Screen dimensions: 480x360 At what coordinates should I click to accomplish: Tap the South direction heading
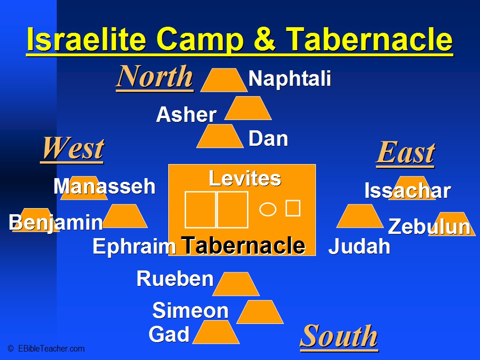click(339, 336)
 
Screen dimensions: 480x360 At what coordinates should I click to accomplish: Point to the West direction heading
click(72, 149)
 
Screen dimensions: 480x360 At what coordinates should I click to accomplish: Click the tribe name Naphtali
click(290, 78)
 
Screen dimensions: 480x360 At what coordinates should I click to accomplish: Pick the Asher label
click(187, 115)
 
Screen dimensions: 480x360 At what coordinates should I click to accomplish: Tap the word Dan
click(268, 139)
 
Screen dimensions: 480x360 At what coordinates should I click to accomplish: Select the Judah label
click(359, 246)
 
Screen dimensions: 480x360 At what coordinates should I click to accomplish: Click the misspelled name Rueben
click(175, 278)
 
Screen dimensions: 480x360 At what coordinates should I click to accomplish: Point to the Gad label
click(169, 334)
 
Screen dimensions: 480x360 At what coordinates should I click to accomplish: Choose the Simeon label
click(190, 310)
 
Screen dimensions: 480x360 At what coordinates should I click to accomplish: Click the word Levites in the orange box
click(245, 178)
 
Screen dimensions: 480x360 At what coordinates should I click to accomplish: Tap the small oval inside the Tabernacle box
click(268, 210)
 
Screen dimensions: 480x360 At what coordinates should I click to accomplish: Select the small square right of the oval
click(293, 208)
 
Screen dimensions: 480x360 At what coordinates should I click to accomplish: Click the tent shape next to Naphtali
click(224, 80)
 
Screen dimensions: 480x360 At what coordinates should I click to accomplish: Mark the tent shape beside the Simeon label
click(260, 312)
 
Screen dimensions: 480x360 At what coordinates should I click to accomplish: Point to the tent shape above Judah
click(360, 216)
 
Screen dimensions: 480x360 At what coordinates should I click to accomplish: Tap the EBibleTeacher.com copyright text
click(46, 349)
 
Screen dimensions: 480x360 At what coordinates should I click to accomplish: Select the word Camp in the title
click(200, 39)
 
